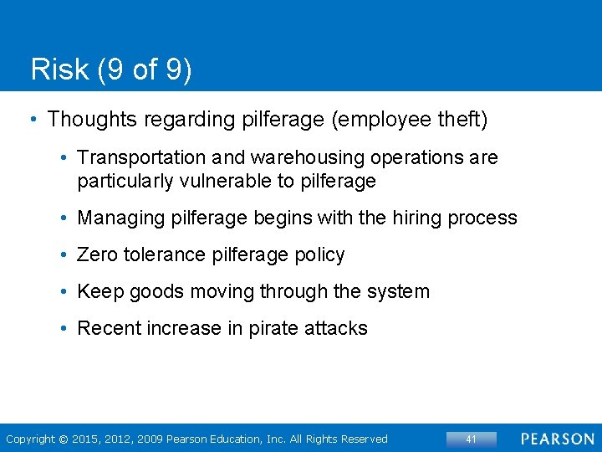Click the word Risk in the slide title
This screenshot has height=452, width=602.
coord(58,69)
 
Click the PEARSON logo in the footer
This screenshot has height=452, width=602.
coord(558,439)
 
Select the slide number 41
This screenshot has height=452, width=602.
coord(471,439)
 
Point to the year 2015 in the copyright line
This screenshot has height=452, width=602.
coord(86,439)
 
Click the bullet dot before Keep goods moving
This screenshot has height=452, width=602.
coord(64,291)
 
